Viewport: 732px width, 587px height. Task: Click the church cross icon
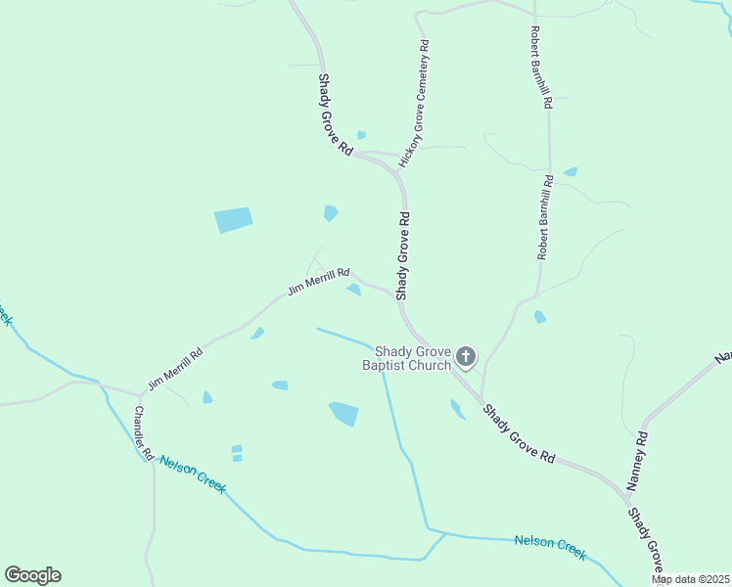466,357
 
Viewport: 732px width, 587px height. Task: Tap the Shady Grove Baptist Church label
406,358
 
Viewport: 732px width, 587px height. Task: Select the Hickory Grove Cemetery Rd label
422,102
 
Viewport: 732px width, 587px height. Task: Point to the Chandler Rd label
144,433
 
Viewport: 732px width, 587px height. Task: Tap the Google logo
32,575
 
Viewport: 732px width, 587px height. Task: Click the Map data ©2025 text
690,579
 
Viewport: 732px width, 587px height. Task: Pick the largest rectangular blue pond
234,220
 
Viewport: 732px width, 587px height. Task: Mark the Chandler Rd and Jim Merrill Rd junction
138,396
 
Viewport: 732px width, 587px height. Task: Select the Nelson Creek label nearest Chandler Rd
192,474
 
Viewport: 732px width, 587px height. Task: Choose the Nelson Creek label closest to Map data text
551,547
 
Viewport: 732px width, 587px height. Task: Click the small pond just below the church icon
457,409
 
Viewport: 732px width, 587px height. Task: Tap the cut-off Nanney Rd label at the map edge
723,357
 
